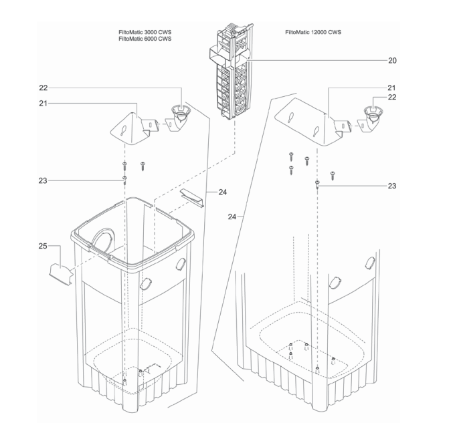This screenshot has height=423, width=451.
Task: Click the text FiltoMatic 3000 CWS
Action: pyautogui.click(x=145, y=32)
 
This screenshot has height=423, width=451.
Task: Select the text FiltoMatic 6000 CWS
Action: pyautogui.click(x=145, y=39)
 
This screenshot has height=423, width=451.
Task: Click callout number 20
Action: pyautogui.click(x=392, y=60)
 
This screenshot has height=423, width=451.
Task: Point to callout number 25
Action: pyautogui.click(x=42, y=247)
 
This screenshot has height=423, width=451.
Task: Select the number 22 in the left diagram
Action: pyautogui.click(x=42, y=87)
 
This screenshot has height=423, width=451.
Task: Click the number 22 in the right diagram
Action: pyautogui.click(x=392, y=98)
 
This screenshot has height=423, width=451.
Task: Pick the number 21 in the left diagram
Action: pyautogui.click(x=42, y=102)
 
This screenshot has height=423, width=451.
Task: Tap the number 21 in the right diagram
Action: pyautogui.click(x=392, y=88)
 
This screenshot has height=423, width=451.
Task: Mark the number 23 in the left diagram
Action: pyautogui.click(x=42, y=180)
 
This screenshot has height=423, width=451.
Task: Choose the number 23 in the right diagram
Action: pyautogui.click(x=392, y=186)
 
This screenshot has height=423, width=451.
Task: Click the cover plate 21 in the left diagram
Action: pyautogui.click(x=130, y=129)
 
